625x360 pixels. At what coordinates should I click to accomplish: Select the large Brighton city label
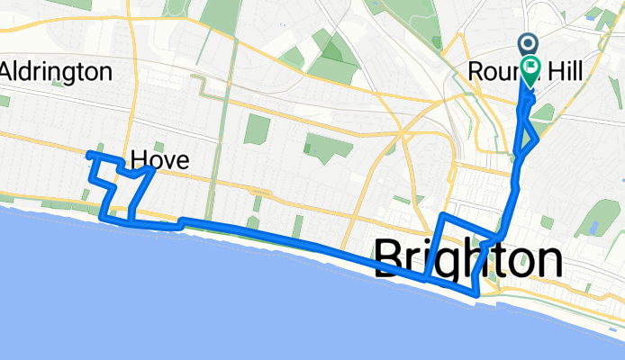(468, 260)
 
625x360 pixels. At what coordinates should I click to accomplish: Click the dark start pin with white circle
(528, 43)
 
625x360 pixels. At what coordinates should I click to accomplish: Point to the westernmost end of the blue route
(88, 155)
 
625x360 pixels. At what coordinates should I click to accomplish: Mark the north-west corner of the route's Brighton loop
(440, 215)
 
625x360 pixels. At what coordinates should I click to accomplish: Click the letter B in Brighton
(390, 260)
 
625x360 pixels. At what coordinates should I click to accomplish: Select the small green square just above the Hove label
(159, 145)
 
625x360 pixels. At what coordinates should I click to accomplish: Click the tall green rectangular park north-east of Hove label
(257, 127)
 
